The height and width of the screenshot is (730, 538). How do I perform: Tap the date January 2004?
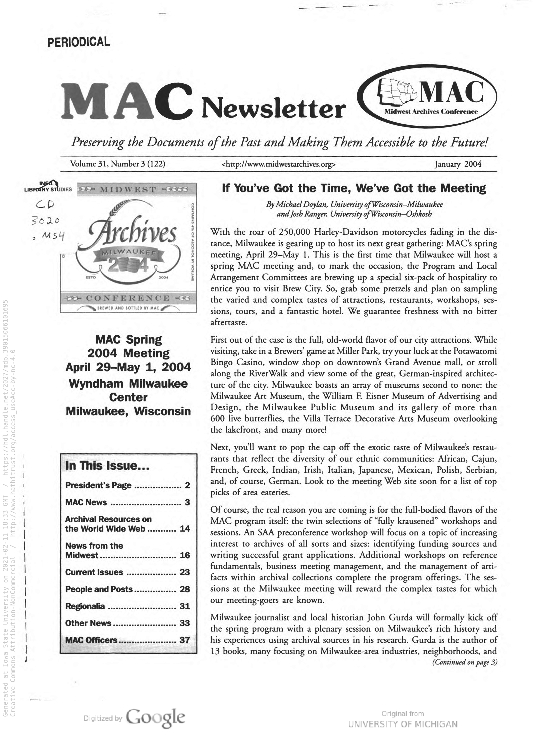[458, 164]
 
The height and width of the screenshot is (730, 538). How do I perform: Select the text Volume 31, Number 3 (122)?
[118, 164]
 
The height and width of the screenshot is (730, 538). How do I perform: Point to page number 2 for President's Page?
[187, 485]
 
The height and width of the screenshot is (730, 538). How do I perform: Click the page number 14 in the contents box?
[185, 529]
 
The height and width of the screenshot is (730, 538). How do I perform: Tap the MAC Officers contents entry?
[91, 640]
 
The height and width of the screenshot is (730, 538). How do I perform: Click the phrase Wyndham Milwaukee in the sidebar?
[128, 383]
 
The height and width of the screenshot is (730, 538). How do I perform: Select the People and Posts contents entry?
[99, 589]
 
